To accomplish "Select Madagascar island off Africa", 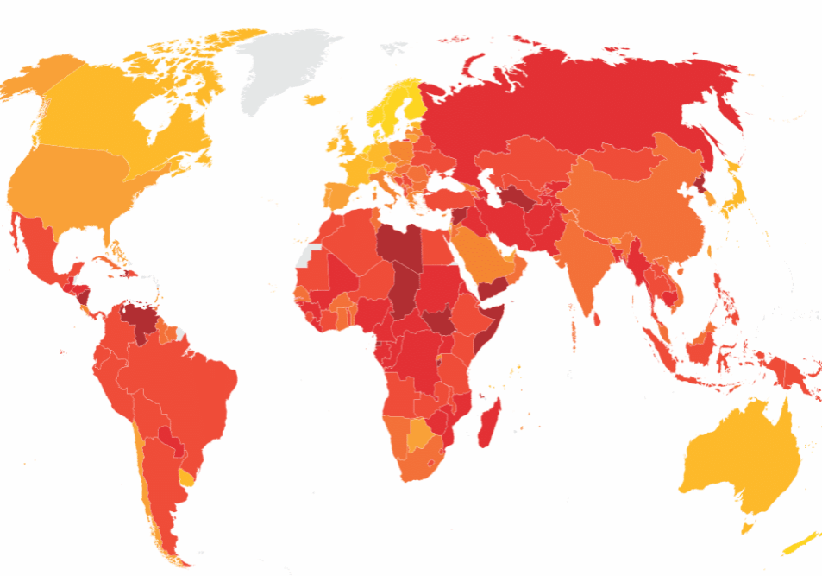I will [x=489, y=422].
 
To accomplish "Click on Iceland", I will [x=315, y=100].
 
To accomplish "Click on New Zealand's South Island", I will [x=798, y=545].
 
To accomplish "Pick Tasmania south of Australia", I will [x=749, y=525].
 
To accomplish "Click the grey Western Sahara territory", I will [x=306, y=255].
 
